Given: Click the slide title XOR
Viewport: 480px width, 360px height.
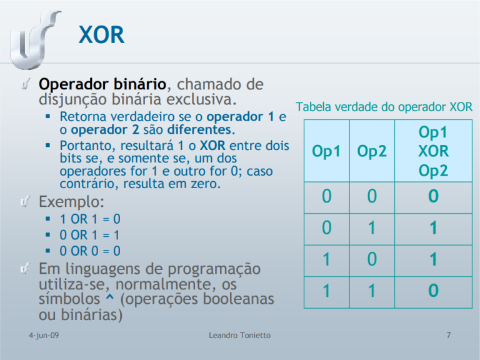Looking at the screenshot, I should pos(102,34).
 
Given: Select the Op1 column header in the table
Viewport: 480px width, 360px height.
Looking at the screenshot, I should pos(327,151).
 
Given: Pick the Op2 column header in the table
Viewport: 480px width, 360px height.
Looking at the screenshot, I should pos(372,151).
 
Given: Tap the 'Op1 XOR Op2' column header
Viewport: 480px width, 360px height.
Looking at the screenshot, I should pos(433,151).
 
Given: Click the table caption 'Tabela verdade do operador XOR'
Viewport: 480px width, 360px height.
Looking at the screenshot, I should pos(384,107).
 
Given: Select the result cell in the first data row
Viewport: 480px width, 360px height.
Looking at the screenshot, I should pos(433,197).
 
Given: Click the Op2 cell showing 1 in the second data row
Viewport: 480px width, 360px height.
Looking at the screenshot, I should pos(372,229).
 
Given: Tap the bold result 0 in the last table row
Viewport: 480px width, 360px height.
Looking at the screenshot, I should pos(433,291).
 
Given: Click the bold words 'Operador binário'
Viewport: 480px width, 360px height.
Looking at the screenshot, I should pos(102,84).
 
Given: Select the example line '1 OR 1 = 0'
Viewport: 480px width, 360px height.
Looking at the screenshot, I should pos(90,219).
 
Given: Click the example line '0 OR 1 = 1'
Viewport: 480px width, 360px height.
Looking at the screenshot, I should pos(90,235).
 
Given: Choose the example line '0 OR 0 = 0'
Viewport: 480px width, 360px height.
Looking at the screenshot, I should pos(90,251).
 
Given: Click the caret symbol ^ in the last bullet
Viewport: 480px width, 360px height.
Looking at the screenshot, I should pos(109,299).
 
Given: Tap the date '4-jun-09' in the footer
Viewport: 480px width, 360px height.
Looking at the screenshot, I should pos(36,336).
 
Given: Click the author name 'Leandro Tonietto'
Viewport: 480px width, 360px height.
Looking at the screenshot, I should pos(239,336).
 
